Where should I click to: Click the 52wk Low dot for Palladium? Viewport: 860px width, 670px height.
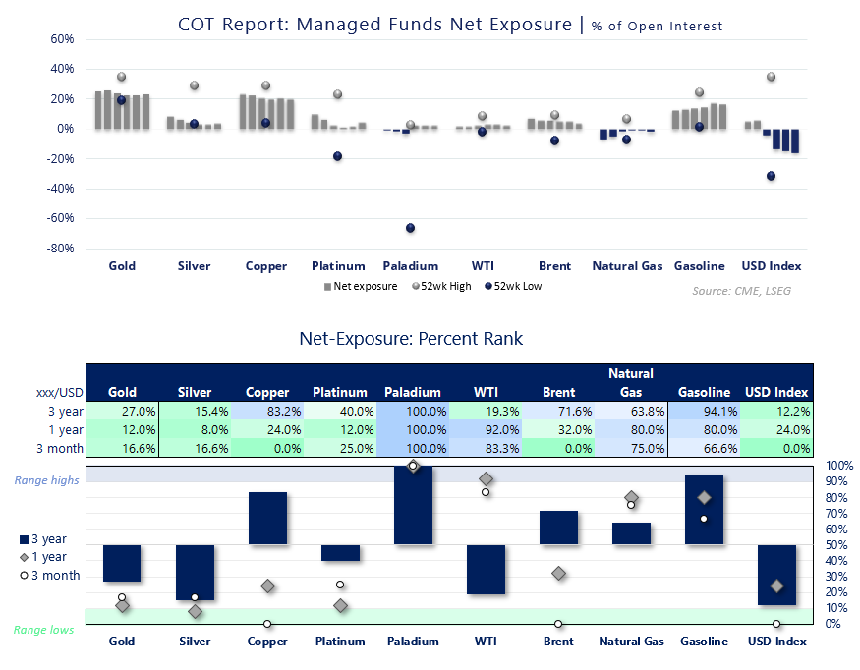410,228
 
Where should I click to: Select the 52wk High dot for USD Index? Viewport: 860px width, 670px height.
772,77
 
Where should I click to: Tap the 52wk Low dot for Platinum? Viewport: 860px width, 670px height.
338,156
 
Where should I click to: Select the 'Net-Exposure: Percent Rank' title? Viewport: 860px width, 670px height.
411,339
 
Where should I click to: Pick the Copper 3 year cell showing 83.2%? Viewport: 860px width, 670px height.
267,412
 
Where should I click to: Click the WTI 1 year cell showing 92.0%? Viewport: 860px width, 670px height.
485,429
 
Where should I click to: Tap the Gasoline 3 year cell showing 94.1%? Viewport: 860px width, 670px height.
705,412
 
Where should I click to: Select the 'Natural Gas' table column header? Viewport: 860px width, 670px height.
631,383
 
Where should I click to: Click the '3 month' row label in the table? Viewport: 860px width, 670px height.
59,448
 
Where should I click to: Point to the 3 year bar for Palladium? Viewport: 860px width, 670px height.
413,505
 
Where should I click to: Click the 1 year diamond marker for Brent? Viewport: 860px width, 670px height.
558,573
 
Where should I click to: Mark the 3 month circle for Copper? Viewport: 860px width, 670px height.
267,624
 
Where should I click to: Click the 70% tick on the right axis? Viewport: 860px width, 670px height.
831,513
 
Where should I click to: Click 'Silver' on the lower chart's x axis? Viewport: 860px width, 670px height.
195,642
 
